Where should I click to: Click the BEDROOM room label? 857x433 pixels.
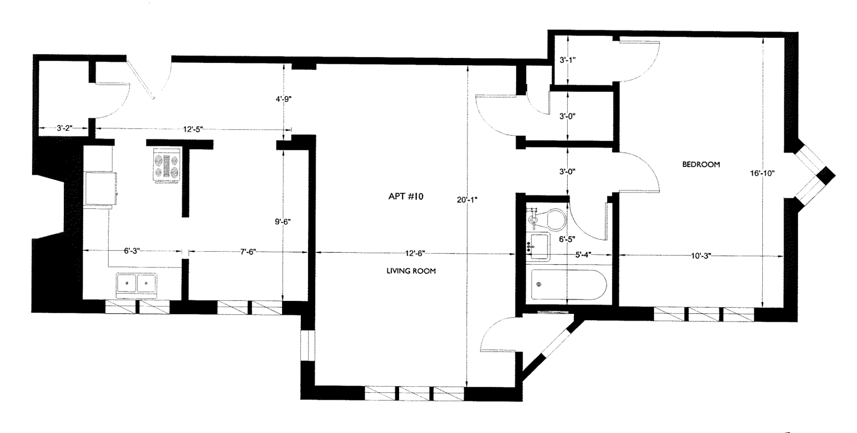coord(701,164)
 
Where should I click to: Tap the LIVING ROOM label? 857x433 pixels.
coord(411,271)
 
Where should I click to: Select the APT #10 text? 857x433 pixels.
coord(405,196)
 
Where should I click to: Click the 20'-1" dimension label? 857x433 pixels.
coord(467,200)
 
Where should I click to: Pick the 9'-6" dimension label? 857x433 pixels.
coord(284,221)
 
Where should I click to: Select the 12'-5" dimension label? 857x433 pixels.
coord(193,129)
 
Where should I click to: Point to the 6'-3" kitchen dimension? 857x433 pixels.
coord(132,251)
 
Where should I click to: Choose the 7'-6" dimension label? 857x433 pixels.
coord(248,251)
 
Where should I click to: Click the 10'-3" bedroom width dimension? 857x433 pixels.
coord(701,256)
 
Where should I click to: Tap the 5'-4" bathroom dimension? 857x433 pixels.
coord(583,255)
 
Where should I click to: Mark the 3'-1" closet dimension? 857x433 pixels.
coord(567,60)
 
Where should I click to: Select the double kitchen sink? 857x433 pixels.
coord(137,285)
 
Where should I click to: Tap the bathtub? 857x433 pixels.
coord(566,285)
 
